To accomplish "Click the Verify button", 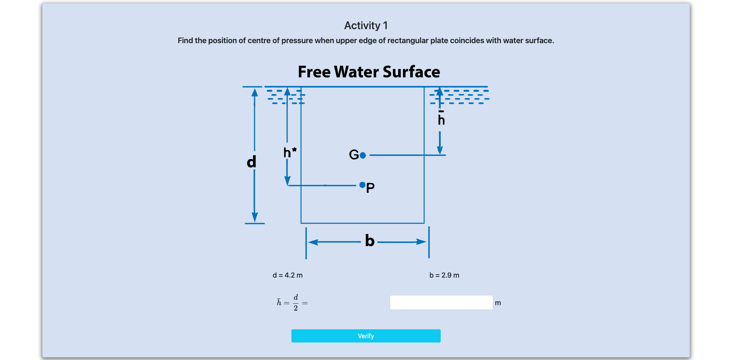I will (x=366, y=336).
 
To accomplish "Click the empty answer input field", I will (x=441, y=302).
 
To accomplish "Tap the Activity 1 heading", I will (x=366, y=26).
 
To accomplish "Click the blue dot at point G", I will (x=363, y=156).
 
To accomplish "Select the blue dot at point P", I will (x=362, y=185).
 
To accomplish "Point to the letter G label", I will (x=354, y=155).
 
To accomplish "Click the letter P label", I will (x=370, y=188).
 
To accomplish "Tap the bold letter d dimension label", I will (x=251, y=161).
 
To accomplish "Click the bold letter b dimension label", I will (x=370, y=241).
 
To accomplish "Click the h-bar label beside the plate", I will (x=441, y=119).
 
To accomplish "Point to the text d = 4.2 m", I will (x=288, y=275).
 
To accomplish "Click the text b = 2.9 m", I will (x=444, y=275).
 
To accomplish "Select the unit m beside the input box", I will (x=498, y=303).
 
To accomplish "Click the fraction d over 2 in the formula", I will (x=296, y=302).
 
